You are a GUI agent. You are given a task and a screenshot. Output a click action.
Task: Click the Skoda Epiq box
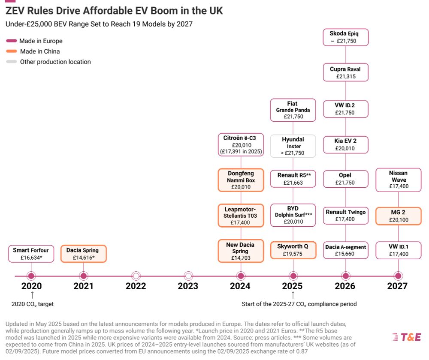(345, 37)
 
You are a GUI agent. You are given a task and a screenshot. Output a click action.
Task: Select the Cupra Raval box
(345, 72)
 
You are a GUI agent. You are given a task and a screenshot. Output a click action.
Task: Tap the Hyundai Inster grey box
(293, 146)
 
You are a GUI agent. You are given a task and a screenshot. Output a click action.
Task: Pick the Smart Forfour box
(31, 254)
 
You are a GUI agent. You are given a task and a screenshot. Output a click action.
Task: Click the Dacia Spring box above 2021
(83, 254)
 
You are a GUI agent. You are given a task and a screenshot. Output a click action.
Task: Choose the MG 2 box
(398, 216)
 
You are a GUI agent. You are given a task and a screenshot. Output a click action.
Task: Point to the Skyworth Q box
(293, 250)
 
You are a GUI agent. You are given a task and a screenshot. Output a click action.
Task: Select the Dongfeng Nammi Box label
(241, 180)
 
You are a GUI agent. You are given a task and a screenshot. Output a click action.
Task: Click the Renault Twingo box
(345, 216)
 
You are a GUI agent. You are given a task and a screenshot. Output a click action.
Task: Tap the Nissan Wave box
(398, 180)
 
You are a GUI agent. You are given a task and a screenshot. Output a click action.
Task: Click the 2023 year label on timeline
(188, 286)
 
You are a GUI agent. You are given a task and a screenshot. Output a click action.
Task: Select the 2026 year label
(345, 286)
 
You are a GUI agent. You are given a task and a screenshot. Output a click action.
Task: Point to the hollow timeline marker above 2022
(136, 276)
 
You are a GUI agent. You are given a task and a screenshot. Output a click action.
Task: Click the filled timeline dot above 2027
(398, 276)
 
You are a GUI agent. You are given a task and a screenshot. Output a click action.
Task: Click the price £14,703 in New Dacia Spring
(241, 258)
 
